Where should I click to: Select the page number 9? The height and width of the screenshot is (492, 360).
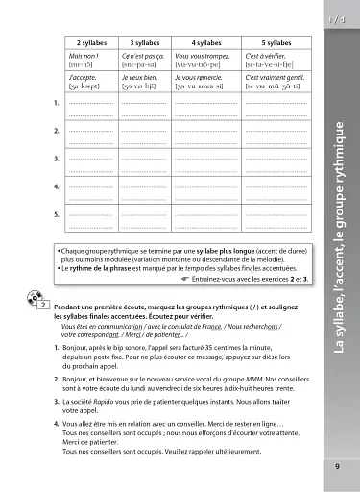click(337, 468)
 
